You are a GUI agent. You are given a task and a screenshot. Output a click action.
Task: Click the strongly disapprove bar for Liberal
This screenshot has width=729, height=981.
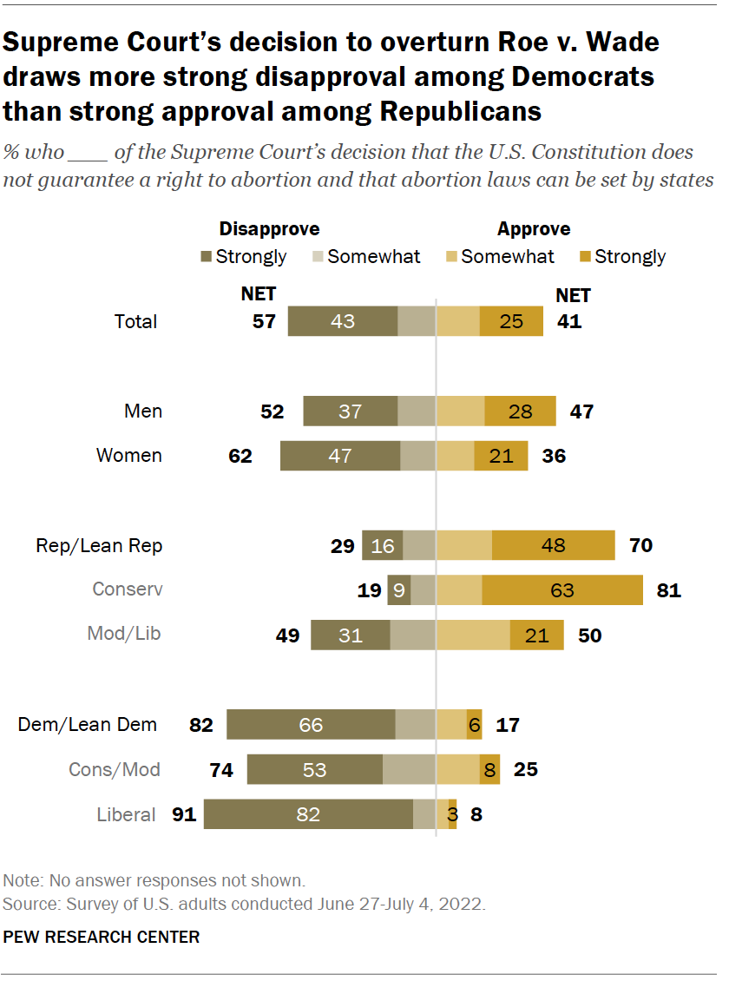pyautogui.click(x=308, y=814)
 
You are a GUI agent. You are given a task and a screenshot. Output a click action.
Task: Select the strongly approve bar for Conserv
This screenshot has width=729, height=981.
pyautogui.click(x=562, y=590)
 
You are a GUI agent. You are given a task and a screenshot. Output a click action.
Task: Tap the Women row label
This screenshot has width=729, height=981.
pyautogui.click(x=129, y=456)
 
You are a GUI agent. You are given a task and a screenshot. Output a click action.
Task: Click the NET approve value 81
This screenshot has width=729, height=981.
pyautogui.click(x=668, y=590)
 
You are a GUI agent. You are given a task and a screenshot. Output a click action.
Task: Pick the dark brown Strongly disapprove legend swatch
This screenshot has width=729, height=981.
pyautogui.click(x=207, y=257)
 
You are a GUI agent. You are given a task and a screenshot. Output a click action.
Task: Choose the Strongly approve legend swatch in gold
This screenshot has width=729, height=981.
pyautogui.click(x=585, y=257)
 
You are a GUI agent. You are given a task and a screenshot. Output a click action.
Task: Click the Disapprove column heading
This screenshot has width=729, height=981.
pyautogui.click(x=269, y=229)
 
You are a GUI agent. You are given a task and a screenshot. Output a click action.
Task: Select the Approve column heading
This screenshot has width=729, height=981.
pyautogui.click(x=534, y=229)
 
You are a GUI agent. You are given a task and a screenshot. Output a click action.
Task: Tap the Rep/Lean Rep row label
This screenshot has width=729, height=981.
pyautogui.click(x=99, y=546)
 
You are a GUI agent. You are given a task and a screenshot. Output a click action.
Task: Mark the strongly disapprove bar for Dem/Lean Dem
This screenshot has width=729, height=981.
pyautogui.click(x=311, y=724)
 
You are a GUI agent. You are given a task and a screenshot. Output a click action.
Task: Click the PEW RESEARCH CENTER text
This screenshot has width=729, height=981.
pyautogui.click(x=102, y=937)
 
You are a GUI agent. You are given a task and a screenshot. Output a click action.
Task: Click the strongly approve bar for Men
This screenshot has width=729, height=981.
pyautogui.click(x=521, y=411)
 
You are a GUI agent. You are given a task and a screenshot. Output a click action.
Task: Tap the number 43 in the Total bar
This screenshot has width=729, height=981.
pyautogui.click(x=343, y=321)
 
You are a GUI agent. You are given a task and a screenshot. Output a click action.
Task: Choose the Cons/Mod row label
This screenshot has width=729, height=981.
pyautogui.click(x=115, y=769)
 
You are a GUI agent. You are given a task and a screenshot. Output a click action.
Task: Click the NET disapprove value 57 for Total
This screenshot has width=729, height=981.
pyautogui.click(x=264, y=321)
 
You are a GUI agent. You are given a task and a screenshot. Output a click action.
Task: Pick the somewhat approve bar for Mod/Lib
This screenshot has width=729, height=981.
pyautogui.click(x=473, y=635)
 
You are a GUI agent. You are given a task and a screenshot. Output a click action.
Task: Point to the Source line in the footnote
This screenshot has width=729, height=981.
pyautogui.click(x=245, y=904)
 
